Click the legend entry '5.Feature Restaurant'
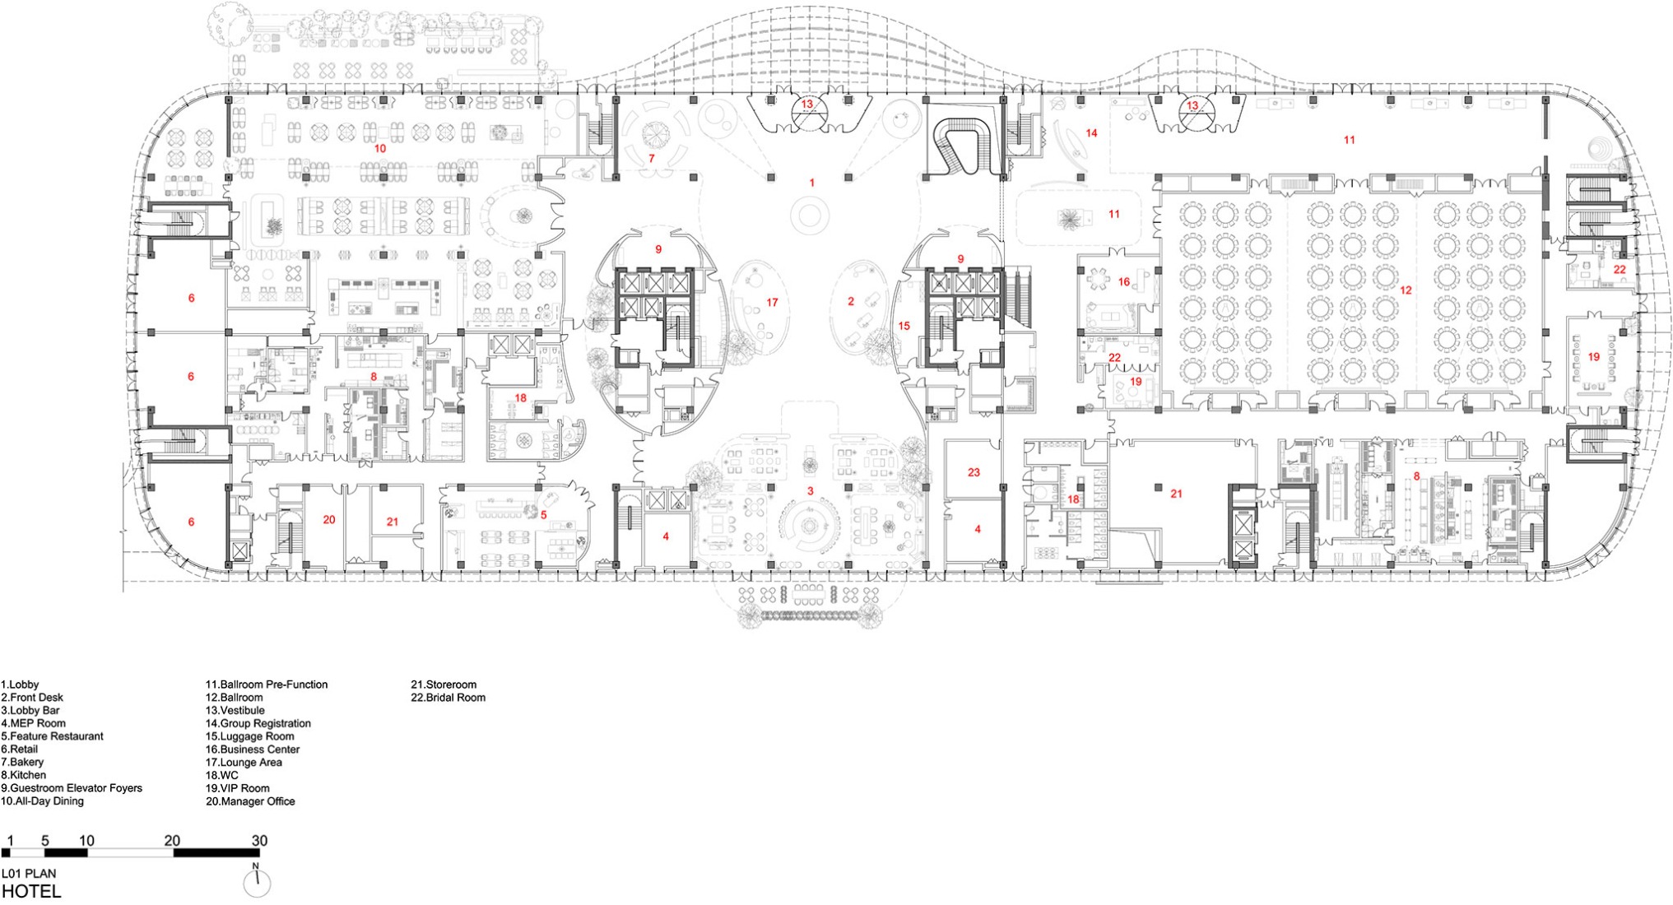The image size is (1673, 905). [x=53, y=736]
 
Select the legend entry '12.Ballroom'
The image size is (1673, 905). [x=235, y=698]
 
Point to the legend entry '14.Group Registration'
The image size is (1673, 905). [x=258, y=724]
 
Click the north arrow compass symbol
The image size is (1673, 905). [x=257, y=883]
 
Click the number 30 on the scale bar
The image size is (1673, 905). [x=259, y=841]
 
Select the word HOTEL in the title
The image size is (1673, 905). [x=31, y=891]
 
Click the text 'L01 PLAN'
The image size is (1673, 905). [x=29, y=874]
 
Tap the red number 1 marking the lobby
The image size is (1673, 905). [x=812, y=183]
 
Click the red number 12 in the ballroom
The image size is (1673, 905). [x=1406, y=290]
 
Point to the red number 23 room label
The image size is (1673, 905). [x=974, y=472]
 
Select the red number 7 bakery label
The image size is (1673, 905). [x=652, y=158]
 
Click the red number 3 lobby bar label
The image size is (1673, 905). [x=810, y=491]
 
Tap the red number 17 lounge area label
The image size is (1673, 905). [x=772, y=303]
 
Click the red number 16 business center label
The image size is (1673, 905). [x=1124, y=282]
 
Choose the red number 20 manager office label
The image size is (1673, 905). [x=329, y=520]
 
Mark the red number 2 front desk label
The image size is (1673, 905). [x=851, y=302]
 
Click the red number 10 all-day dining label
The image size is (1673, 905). [x=379, y=149]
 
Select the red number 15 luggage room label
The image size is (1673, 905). [x=904, y=327]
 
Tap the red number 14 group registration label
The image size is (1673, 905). [x=1091, y=133]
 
